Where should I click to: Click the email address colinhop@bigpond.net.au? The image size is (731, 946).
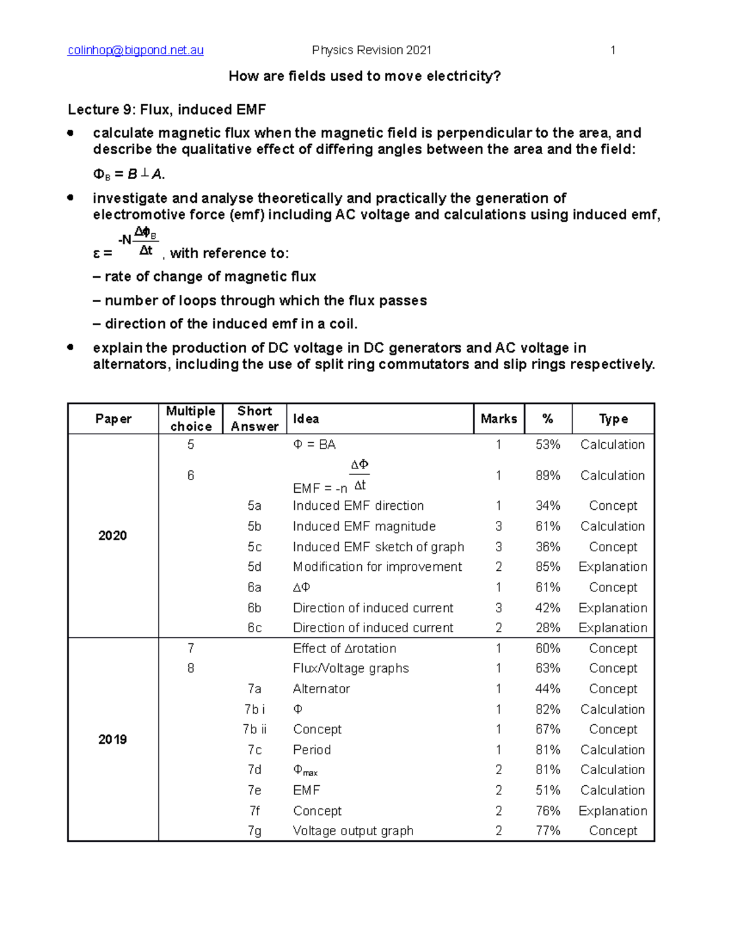pyautogui.click(x=135, y=51)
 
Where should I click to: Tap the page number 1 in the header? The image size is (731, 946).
pyautogui.click(x=613, y=51)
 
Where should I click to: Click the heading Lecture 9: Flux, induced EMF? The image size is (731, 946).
pyautogui.click(x=166, y=110)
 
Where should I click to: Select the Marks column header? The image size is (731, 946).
pyautogui.click(x=498, y=419)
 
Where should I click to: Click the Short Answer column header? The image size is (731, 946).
pyautogui.click(x=254, y=419)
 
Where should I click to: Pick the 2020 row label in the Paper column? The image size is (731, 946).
pyautogui.click(x=113, y=536)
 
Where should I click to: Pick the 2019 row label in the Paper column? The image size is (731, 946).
pyautogui.click(x=113, y=740)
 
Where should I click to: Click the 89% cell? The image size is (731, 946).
pyautogui.click(x=548, y=476)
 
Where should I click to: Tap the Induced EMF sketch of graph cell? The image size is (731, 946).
pyautogui.click(x=378, y=547)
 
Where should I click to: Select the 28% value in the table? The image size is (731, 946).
pyautogui.click(x=548, y=628)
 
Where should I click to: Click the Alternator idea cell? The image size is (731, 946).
pyautogui.click(x=322, y=689)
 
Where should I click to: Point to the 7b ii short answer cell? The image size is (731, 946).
pyautogui.click(x=254, y=729)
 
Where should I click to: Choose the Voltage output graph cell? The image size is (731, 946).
pyautogui.click(x=353, y=831)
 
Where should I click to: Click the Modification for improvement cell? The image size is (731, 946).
pyautogui.click(x=377, y=567)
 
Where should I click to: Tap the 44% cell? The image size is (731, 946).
pyautogui.click(x=548, y=689)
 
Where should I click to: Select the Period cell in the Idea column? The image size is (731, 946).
pyautogui.click(x=312, y=750)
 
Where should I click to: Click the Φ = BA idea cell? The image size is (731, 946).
pyautogui.click(x=314, y=445)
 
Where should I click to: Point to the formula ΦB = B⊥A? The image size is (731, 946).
pyautogui.click(x=129, y=175)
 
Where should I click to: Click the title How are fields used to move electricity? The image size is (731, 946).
pyautogui.click(x=364, y=76)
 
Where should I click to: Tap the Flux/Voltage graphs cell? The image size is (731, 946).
pyautogui.click(x=351, y=668)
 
